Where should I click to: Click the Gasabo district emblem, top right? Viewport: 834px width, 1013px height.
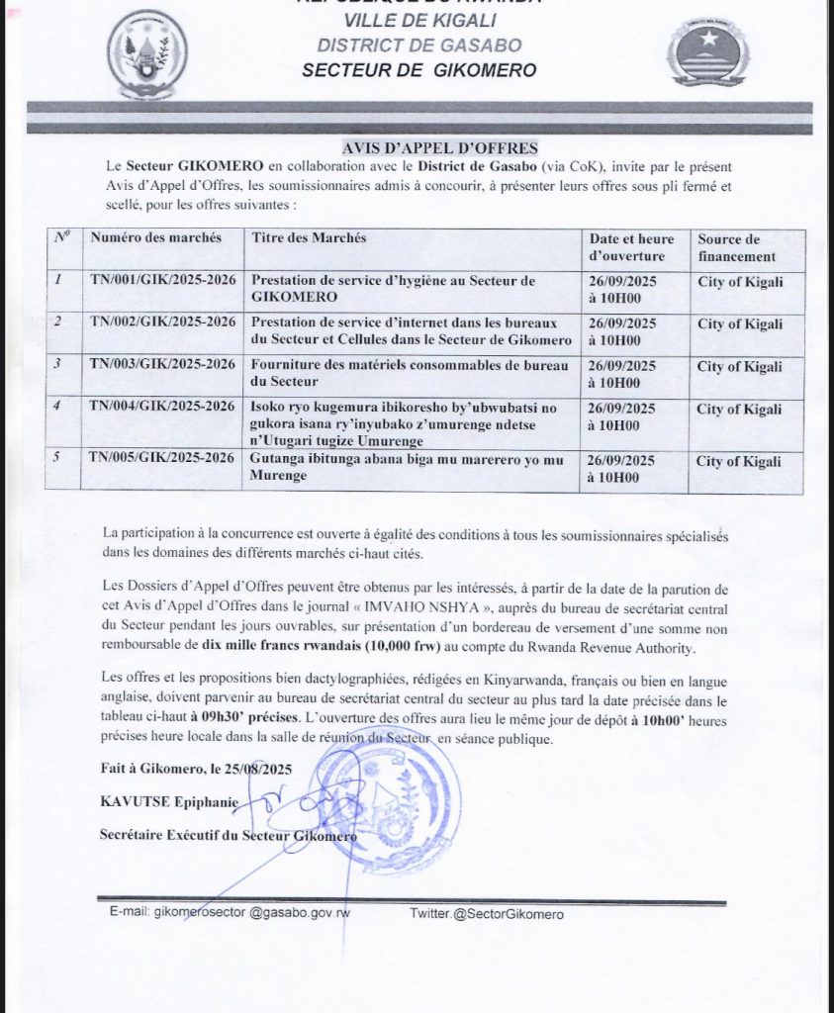click(x=701, y=54)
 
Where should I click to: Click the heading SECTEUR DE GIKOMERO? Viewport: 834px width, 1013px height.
click(x=419, y=70)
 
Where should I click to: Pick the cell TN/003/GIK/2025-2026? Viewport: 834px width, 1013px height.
click(x=163, y=365)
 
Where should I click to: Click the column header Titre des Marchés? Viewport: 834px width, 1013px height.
click(x=310, y=238)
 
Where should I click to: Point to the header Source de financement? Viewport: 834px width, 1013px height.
click(x=729, y=246)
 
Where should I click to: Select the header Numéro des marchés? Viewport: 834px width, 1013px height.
click(x=155, y=238)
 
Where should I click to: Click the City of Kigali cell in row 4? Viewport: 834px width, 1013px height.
click(x=740, y=410)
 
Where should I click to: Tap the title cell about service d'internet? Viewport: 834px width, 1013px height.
click(x=412, y=331)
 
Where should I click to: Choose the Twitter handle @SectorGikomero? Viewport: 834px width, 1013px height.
click(x=509, y=915)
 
